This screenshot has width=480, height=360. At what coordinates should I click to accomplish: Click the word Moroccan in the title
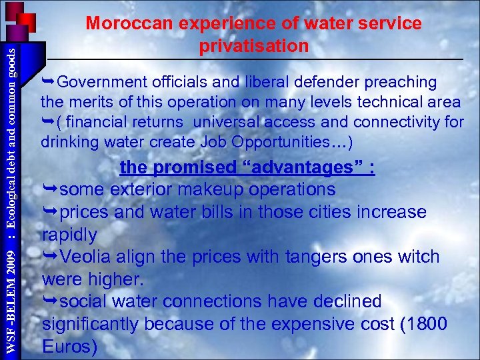(x=129, y=23)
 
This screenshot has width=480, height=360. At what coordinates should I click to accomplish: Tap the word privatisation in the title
(x=253, y=46)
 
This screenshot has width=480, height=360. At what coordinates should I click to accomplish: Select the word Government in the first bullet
(x=101, y=82)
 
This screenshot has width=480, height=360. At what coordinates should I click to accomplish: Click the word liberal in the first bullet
(x=265, y=82)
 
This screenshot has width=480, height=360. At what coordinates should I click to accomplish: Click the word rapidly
(x=69, y=235)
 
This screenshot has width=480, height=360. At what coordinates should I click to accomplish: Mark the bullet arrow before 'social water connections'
(x=50, y=302)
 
